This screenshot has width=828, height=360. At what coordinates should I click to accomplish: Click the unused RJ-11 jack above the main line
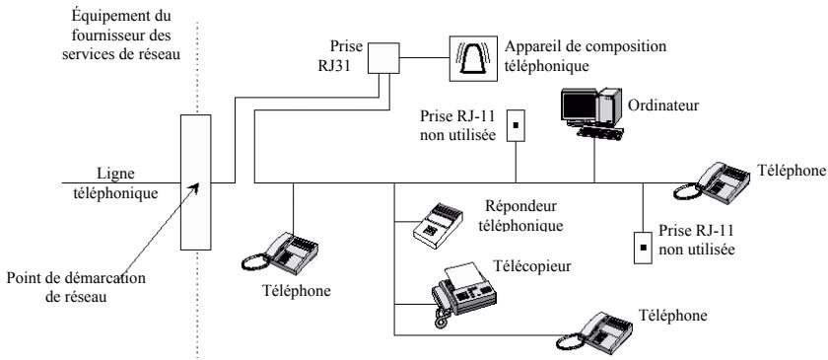click(x=514, y=125)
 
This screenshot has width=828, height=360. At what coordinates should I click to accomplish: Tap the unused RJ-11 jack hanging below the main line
click(x=642, y=244)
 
